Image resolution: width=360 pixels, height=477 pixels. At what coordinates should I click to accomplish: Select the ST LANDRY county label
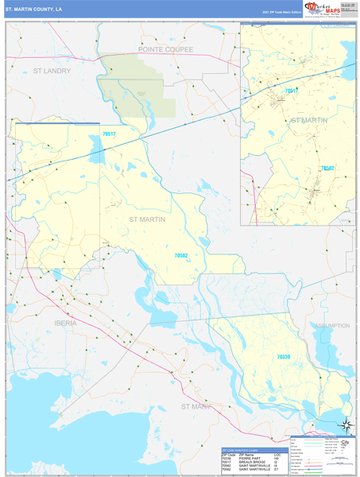pyautogui.click(x=52, y=71)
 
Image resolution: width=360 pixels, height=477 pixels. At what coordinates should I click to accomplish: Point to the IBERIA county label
pyautogui.click(x=66, y=324)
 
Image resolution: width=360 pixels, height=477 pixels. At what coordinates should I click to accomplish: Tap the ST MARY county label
pyautogui.click(x=195, y=406)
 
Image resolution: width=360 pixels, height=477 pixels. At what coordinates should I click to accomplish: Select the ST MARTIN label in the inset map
pyautogui.click(x=309, y=120)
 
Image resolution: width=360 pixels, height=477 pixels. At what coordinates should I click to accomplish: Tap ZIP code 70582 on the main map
pyautogui.click(x=186, y=255)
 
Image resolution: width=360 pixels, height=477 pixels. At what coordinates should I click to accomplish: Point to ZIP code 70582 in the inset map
pyautogui.click(x=327, y=169)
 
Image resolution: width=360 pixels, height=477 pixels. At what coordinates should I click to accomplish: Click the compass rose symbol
pyautogui.click(x=346, y=425)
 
